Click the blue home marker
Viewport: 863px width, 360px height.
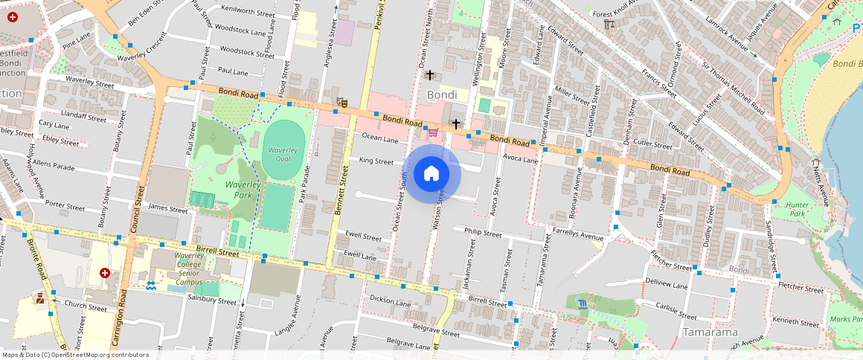click(x=431, y=174)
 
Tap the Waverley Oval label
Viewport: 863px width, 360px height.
click(x=283, y=155)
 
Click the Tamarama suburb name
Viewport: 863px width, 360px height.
click(x=712, y=332)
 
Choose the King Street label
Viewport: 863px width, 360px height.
click(x=376, y=161)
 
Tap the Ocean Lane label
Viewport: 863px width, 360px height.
click(x=380, y=137)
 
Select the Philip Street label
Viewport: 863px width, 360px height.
click(x=483, y=233)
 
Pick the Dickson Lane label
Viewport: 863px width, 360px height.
click(x=390, y=303)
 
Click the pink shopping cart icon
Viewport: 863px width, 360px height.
click(x=432, y=132)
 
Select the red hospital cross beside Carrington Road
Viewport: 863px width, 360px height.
click(x=105, y=273)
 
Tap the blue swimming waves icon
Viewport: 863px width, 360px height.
click(x=152, y=285)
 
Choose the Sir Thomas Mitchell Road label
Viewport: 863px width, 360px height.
click(x=732, y=87)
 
